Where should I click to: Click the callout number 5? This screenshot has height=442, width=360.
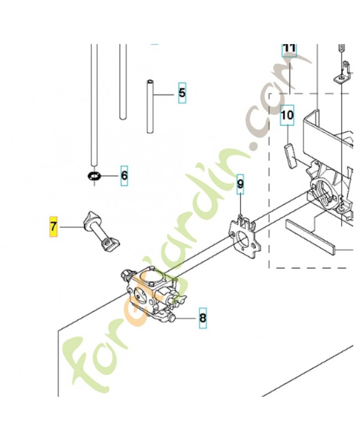point(182,93)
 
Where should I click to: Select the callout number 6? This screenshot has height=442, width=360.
point(124,176)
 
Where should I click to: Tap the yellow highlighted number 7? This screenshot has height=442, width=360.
point(53,226)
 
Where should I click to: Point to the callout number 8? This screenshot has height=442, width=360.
point(202,318)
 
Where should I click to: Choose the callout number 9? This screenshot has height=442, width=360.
point(240,185)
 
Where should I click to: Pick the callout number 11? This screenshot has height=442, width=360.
point(289,49)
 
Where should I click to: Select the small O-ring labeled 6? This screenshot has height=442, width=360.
point(95,176)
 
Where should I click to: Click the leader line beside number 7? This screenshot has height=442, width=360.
point(71,227)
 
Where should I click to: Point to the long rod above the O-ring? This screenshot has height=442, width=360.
point(94,105)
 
